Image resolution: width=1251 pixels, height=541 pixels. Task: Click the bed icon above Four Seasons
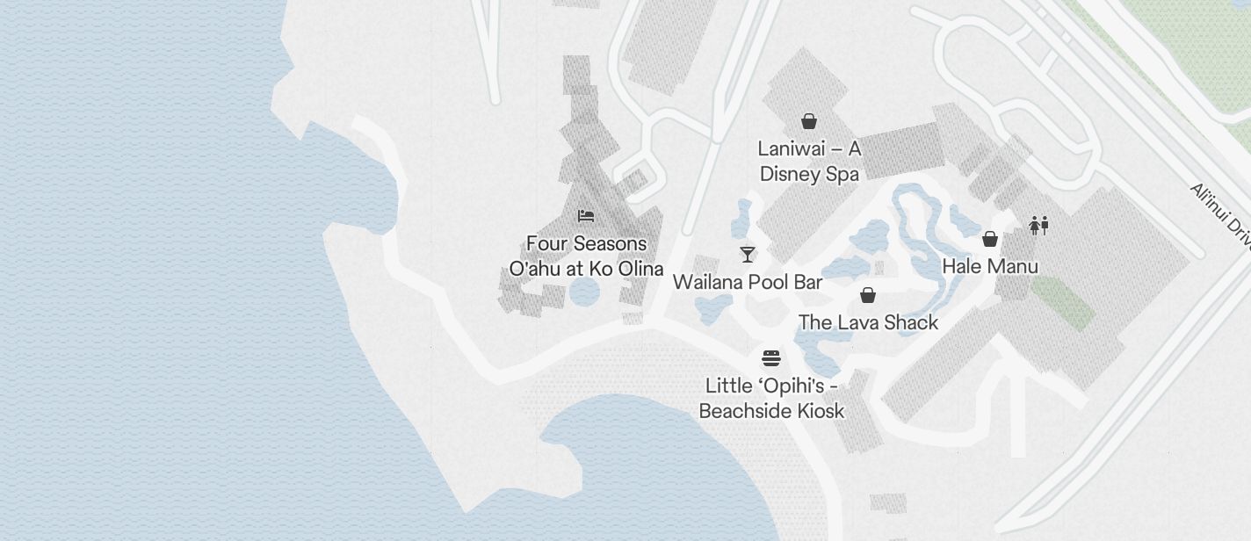point(586,216)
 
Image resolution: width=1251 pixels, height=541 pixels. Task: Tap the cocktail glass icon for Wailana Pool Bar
point(748,255)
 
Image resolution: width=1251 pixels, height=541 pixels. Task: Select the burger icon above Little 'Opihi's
point(771,358)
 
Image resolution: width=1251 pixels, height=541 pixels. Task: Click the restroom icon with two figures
point(1038,226)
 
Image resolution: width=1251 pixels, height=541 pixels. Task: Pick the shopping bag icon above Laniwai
point(809,121)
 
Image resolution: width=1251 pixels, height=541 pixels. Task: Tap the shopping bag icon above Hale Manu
point(990,239)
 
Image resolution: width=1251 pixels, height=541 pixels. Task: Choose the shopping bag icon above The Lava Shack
point(868,295)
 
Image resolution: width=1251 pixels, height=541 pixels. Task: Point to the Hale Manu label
point(990,266)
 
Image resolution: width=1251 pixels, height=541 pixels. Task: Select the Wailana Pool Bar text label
point(748,282)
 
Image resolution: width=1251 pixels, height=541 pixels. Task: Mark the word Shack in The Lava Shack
point(911,322)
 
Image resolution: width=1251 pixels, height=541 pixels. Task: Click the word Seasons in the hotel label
point(606,243)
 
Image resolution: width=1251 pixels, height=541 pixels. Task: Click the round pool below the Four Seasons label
point(583,292)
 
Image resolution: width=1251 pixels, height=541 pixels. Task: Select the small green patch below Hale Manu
point(1062,302)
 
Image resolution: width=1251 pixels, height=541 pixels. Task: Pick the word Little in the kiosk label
point(728,386)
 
